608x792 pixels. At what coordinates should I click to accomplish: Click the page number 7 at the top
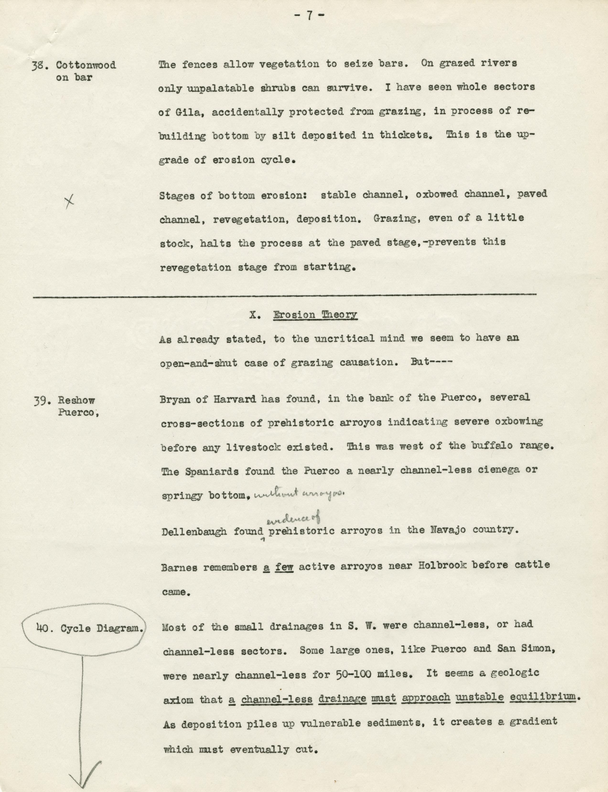pyautogui.click(x=309, y=16)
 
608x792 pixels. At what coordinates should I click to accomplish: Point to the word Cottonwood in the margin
pyautogui.click(x=86, y=65)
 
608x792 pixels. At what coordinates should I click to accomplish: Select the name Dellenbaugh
pyautogui.click(x=194, y=532)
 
